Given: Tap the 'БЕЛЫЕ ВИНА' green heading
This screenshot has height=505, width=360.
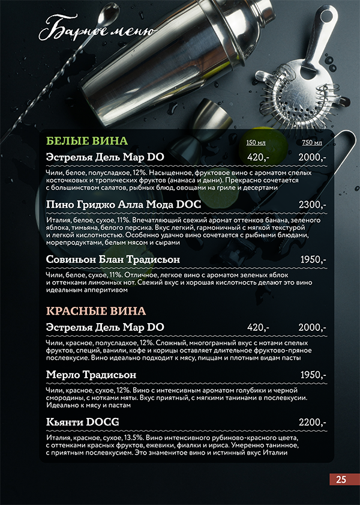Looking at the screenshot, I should [x=87, y=141].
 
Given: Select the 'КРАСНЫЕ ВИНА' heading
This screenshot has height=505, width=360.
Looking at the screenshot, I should [x=96, y=311].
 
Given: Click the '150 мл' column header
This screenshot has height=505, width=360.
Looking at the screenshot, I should [x=256, y=142].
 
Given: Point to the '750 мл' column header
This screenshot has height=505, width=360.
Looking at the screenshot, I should [x=312, y=142].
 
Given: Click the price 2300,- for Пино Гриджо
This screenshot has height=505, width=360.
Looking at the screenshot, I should [x=312, y=205].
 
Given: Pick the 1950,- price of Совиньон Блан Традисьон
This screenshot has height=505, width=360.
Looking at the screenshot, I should [x=312, y=259].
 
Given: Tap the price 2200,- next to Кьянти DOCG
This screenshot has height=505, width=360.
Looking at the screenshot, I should [x=312, y=422].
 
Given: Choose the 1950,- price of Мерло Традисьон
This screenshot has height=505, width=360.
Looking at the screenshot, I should [x=312, y=375].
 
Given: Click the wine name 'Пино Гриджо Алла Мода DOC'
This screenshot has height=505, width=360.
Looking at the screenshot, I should [x=123, y=205].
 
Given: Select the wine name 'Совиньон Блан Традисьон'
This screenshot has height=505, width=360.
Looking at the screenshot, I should [x=113, y=259].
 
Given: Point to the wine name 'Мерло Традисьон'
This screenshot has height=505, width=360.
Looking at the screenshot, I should [x=92, y=375].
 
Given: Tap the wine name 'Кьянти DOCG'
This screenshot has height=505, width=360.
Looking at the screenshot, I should [x=82, y=422].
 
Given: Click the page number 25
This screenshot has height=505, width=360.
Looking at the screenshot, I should [x=341, y=479].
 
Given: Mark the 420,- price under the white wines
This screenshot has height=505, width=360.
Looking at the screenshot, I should [x=258, y=157].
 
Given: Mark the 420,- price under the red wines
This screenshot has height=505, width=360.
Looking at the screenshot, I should [x=258, y=327].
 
